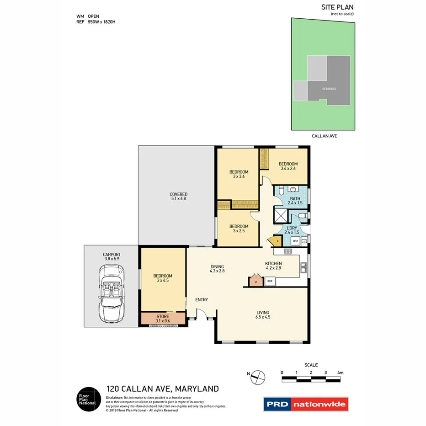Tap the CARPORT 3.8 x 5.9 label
tap(112, 256)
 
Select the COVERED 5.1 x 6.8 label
tap(178, 197)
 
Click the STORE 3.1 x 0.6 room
tap(163, 319)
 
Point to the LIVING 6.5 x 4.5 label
tap(263, 314)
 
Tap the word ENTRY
tap(202, 300)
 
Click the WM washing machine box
tap(295, 240)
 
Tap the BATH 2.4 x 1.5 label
tap(295, 200)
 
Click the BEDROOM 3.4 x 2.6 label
tap(288, 166)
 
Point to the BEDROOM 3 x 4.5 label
tap(163, 278)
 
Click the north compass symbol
tap(258, 377)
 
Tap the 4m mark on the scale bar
tap(340, 373)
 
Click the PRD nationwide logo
tap(306, 404)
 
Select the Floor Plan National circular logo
tap(88, 399)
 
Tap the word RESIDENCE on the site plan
tap(329, 89)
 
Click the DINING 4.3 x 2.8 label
tap(217, 268)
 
